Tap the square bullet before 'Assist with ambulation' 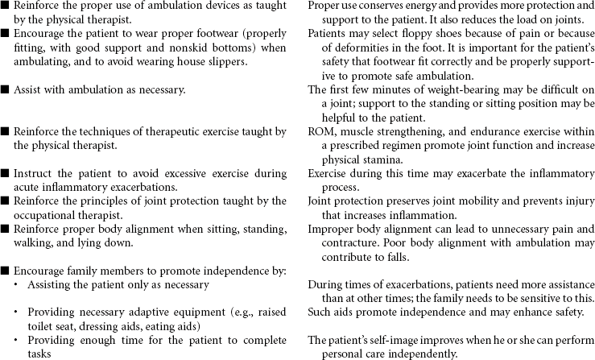click(x=5, y=89)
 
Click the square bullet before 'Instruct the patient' click(x=5, y=173)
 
